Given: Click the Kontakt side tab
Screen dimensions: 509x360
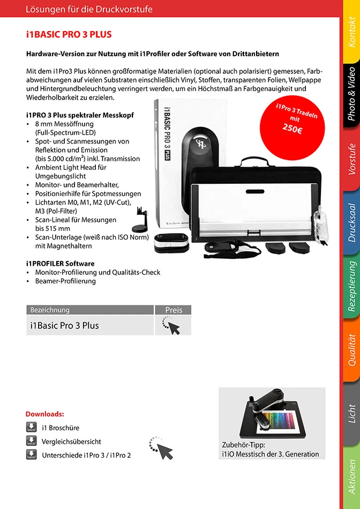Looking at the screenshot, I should (351, 32).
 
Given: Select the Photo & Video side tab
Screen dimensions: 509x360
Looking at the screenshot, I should (351, 92).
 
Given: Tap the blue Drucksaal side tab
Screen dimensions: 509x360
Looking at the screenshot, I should (351, 222).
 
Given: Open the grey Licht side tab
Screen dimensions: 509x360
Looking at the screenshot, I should (351, 413).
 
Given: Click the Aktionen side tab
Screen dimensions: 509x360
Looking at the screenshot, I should (351, 476).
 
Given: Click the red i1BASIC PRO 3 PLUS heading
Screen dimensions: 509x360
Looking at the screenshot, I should (69, 35).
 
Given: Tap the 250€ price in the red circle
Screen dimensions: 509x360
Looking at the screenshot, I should (292, 129).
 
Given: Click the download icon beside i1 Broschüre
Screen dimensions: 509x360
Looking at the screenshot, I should (31, 428).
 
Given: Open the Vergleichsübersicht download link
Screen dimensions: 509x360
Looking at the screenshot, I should (71, 441).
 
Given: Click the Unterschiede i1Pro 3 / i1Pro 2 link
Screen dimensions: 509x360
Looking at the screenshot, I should (86, 455).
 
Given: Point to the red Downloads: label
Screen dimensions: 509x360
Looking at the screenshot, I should (45, 414).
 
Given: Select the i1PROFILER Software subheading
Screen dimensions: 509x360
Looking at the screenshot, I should (60, 264).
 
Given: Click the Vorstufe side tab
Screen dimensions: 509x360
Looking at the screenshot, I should (351, 159).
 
